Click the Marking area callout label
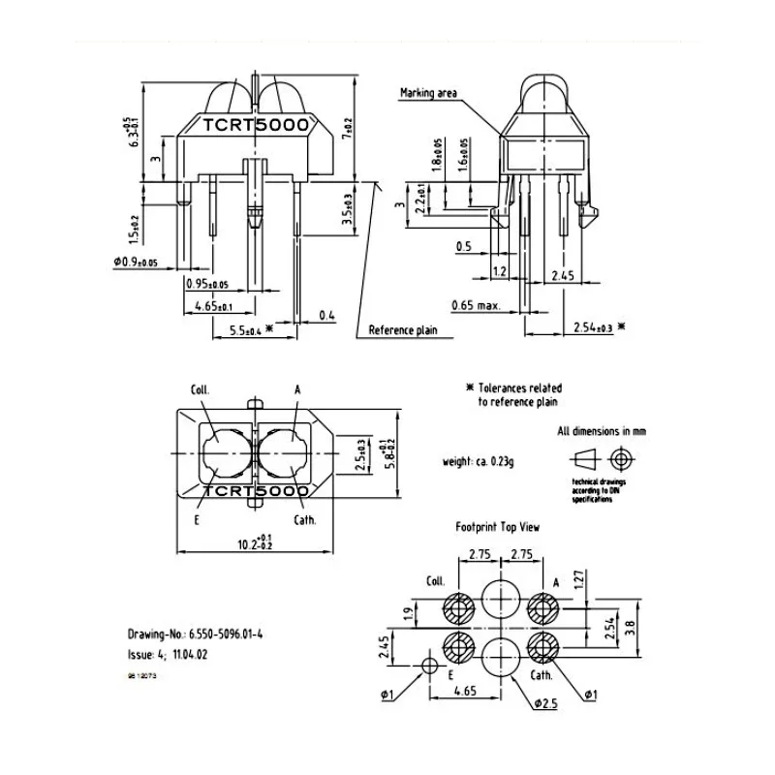[428, 94]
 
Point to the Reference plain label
[403, 330]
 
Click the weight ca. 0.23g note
[478, 461]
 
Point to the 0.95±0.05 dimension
[206, 285]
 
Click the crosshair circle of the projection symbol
[620, 457]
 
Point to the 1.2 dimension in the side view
[501, 272]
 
